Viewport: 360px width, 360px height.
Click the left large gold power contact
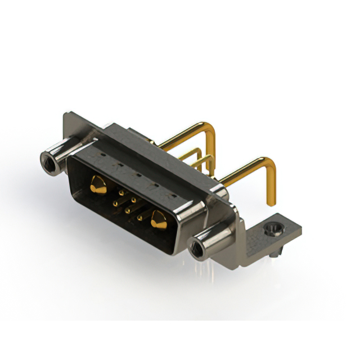(x=98, y=184)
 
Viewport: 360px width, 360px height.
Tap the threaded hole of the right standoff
(x=198, y=245)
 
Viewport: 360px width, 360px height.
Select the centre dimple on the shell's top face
(x=138, y=175)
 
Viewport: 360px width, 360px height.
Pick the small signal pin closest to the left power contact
(x=121, y=193)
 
